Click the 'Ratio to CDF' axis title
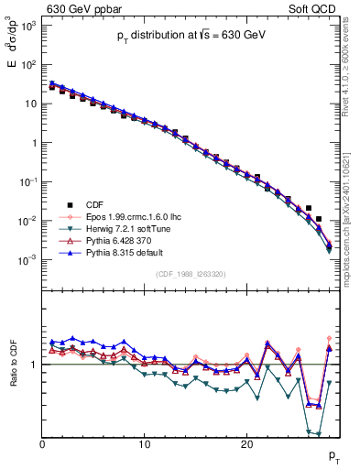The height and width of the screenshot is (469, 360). click(16, 365)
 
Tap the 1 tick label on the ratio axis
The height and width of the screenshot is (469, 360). click(33, 365)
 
